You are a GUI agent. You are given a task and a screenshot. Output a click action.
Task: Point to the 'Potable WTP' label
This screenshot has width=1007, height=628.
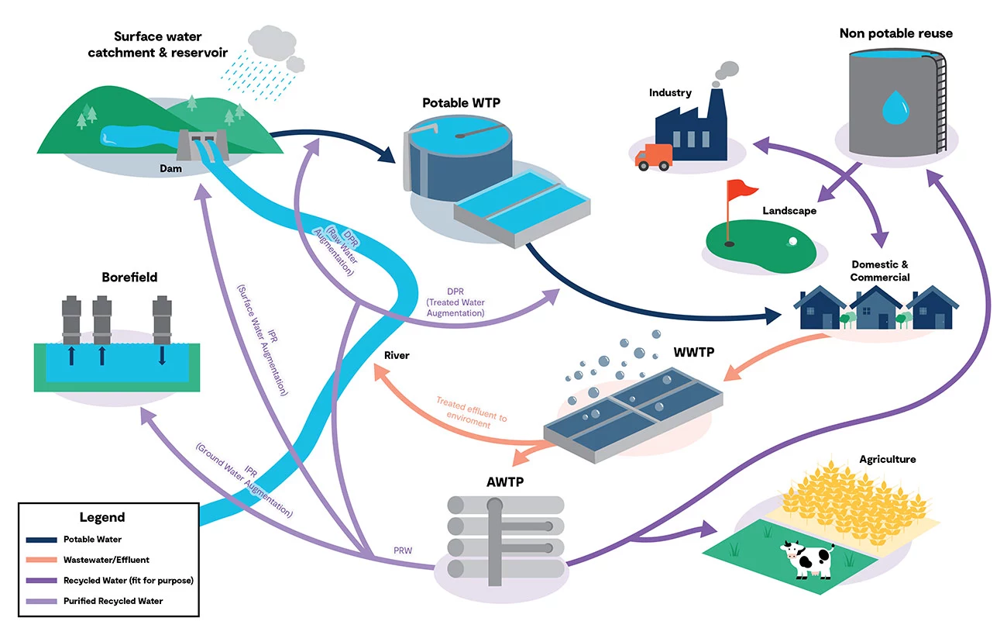click(x=459, y=102)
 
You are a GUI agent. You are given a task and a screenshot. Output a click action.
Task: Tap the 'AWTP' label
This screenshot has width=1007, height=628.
click(x=505, y=481)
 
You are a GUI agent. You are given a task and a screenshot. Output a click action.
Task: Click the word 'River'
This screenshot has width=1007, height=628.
click(x=397, y=355)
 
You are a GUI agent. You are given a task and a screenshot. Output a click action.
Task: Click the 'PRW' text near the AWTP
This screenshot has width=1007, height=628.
click(x=403, y=551)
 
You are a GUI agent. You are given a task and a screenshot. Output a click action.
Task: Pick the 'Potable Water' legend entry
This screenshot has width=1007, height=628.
click(x=92, y=539)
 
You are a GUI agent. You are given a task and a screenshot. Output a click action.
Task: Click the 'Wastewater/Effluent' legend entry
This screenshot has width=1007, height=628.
click(x=106, y=559)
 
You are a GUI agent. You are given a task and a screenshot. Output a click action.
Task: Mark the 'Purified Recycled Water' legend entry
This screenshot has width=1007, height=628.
click(x=113, y=600)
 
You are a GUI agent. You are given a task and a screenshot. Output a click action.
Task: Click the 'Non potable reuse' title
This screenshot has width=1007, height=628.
click(x=895, y=33)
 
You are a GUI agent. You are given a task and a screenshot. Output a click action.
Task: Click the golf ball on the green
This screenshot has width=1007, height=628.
click(x=792, y=241)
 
